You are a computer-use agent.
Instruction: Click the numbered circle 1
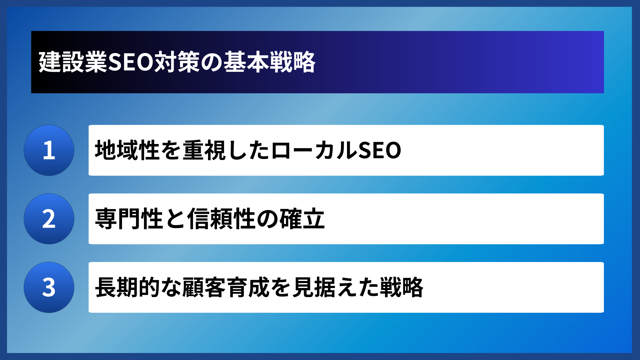click(x=49, y=150)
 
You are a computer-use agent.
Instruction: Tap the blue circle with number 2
click(x=49, y=219)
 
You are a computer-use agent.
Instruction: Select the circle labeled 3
click(x=49, y=287)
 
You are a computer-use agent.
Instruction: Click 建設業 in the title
click(x=73, y=62)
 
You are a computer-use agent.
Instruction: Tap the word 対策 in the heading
click(x=177, y=62)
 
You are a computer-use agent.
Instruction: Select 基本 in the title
click(x=246, y=62)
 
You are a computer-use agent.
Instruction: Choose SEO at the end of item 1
click(x=379, y=150)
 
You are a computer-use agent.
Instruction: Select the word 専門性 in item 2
click(x=129, y=219)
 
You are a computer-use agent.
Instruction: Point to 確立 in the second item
click(x=302, y=219)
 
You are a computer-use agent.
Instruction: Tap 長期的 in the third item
click(x=128, y=287)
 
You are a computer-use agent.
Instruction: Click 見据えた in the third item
click(x=336, y=287)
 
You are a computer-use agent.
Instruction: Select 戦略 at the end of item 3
click(x=402, y=287)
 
